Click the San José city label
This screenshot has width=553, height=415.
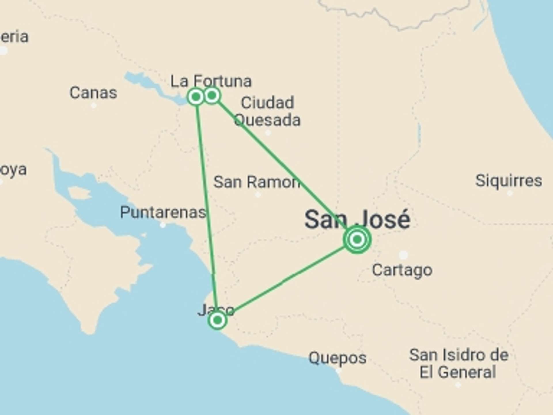357,220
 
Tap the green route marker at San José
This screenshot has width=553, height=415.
357,239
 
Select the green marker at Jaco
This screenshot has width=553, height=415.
217,320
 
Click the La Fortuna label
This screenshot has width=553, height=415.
211,81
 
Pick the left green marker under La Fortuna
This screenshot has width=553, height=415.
196,97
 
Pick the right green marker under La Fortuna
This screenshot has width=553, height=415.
212,95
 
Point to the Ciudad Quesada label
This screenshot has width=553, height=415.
267,111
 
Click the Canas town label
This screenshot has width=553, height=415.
93,93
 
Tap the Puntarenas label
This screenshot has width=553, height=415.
163,212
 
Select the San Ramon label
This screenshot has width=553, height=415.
256,182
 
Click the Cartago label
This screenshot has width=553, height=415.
402,270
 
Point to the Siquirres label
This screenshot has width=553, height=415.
509,181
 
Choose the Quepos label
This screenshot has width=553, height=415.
337,358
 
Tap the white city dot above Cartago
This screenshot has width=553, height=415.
403,255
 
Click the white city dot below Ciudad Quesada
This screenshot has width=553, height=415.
268,133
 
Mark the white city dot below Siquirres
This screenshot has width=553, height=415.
510,193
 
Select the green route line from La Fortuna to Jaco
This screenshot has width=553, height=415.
206,207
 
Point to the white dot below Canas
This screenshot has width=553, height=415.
94,105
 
